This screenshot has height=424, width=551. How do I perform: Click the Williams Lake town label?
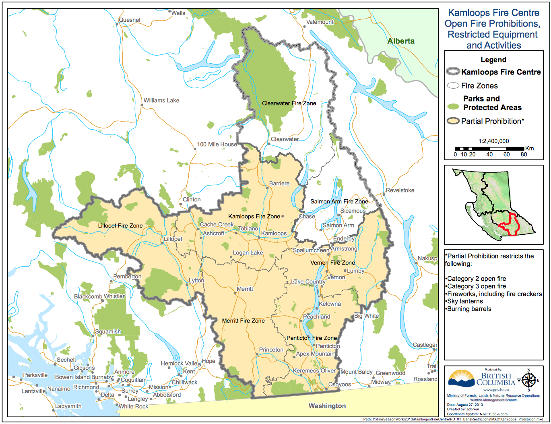[x=161, y=100]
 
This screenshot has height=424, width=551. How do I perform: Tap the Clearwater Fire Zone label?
[x=289, y=103]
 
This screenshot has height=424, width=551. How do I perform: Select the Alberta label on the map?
[x=400, y=41]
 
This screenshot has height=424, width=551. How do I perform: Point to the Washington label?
[x=327, y=405]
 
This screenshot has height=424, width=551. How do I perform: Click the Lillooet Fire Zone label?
[x=120, y=225]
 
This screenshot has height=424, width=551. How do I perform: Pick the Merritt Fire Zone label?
[x=243, y=321]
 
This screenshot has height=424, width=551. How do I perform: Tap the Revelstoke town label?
[x=400, y=190]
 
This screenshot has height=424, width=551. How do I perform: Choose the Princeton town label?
[x=271, y=350]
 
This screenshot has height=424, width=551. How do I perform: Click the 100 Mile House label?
[x=217, y=144]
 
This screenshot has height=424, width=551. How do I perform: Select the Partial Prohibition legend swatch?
[x=453, y=121]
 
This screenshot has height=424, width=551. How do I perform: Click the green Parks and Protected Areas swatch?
[x=453, y=107]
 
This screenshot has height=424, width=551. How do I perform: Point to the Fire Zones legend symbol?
[x=453, y=85]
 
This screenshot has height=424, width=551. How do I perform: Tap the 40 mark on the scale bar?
[x=489, y=154]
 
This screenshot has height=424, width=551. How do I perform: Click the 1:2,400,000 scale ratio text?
[x=493, y=141]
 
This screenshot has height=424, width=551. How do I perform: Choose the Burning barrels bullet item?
[x=469, y=309]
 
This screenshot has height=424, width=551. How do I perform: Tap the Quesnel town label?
[x=129, y=20]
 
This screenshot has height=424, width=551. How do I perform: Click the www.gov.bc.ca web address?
[x=495, y=390]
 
